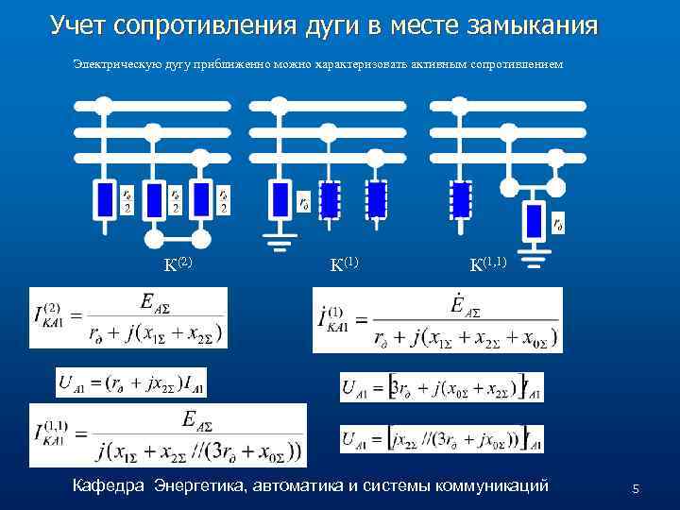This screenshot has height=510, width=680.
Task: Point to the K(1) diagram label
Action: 345,263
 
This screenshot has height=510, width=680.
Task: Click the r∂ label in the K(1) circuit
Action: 303,201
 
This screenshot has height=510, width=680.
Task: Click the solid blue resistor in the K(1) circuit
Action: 279,200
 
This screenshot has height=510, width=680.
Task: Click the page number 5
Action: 636,489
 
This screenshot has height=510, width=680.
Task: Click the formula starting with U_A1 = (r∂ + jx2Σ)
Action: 131,382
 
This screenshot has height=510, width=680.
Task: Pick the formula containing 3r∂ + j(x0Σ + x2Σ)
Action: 441,387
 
